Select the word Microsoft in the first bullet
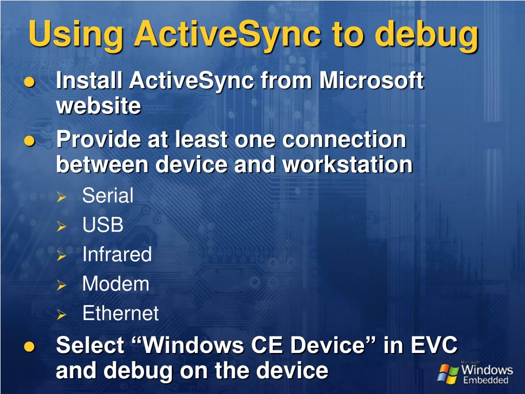click(x=371, y=81)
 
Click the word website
click(x=98, y=105)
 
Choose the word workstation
click(x=348, y=164)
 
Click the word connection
click(x=344, y=140)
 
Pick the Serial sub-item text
click(x=108, y=195)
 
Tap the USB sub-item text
click(x=103, y=225)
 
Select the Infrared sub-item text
click(x=117, y=254)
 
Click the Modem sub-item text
click(x=116, y=283)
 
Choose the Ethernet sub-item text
click(x=120, y=313)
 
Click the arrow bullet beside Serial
click(x=62, y=197)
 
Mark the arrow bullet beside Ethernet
click(x=62, y=314)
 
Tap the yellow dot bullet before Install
click(x=30, y=82)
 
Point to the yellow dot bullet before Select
click(x=29, y=346)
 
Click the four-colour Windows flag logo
click(x=448, y=373)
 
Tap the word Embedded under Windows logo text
click(x=486, y=380)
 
